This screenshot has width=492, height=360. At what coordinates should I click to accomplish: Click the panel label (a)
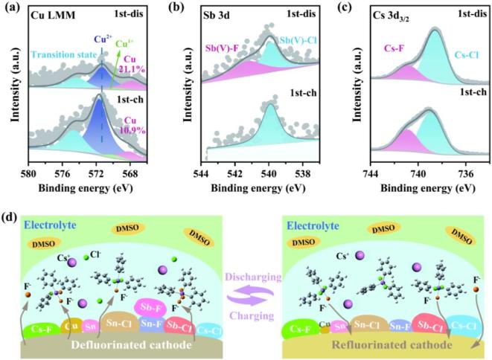(11, 10)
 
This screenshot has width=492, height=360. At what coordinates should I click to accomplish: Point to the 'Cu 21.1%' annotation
(144, 66)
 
